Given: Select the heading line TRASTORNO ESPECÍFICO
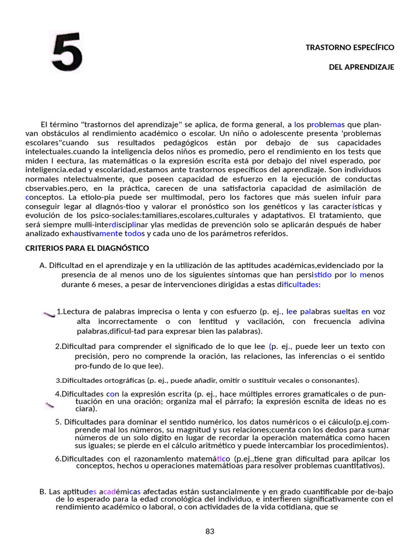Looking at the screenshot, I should point(349,48).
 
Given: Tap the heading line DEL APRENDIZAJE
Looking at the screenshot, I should point(361,67).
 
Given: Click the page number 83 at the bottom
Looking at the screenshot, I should point(210,532).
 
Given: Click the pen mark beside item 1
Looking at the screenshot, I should point(49,313).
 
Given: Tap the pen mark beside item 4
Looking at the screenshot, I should point(49,405).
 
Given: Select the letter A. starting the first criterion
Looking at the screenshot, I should point(43,265).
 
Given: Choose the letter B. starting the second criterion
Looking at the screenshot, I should point(43,492).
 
